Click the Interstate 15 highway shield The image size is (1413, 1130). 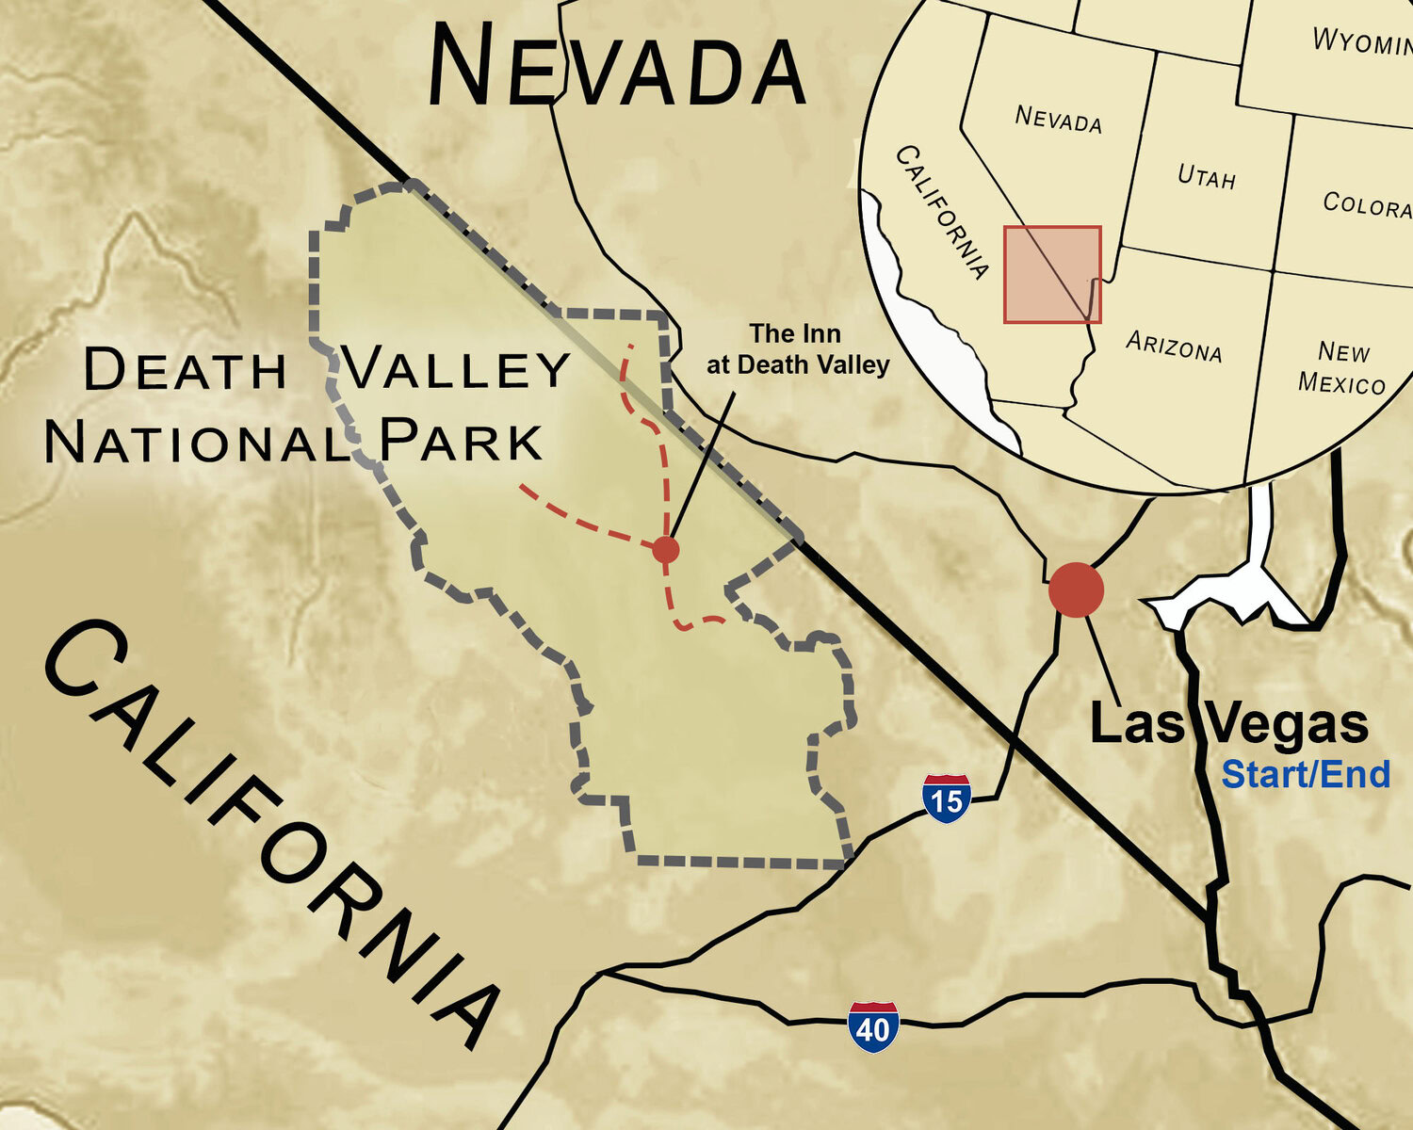(947, 799)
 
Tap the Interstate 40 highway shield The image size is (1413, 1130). (873, 1026)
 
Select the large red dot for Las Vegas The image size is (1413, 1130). (1076, 589)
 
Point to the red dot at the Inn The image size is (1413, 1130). (665, 549)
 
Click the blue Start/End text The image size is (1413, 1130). (1306, 774)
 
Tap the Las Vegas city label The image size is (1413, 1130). (1228, 724)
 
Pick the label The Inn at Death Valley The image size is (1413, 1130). (797, 349)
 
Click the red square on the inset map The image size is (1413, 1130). (1052, 274)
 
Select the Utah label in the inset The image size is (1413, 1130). (1207, 176)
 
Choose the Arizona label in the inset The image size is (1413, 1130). (1174, 347)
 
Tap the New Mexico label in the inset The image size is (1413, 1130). (1342, 368)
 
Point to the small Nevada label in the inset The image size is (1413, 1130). (1058, 119)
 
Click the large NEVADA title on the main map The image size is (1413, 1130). (617, 66)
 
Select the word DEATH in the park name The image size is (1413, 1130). (185, 369)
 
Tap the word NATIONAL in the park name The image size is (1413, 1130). (197, 442)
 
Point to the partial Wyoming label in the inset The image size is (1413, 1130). (1362, 41)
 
